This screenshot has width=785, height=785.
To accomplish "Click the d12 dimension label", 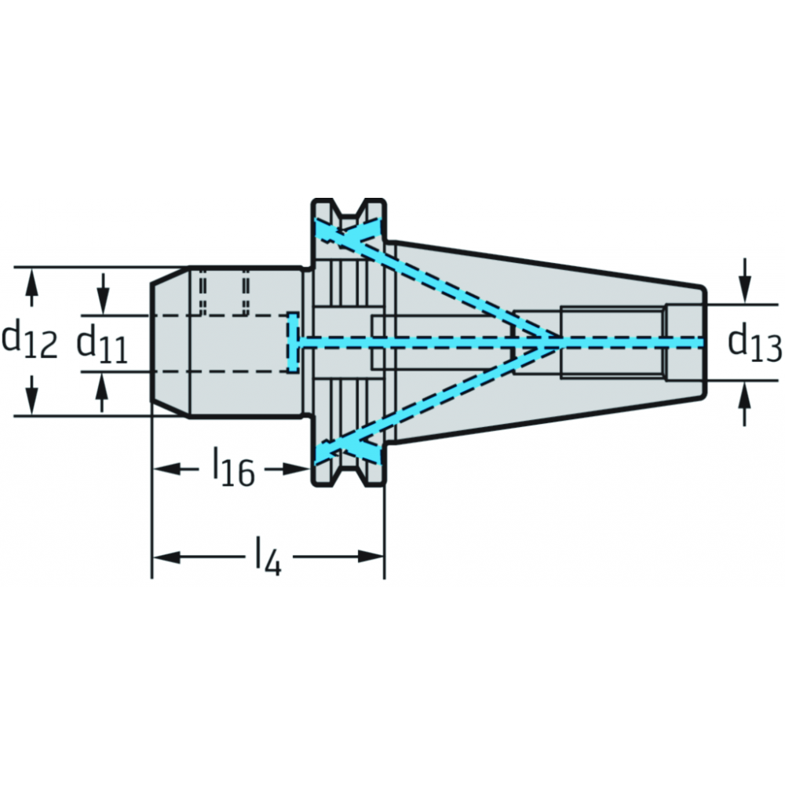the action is (29, 341).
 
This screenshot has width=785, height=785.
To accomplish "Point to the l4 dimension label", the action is (268, 557).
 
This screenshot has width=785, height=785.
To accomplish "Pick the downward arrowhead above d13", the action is (746, 290).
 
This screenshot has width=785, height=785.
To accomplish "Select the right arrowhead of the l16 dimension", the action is (296, 469).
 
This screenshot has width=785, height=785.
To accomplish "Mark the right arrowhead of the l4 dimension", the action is (371, 557).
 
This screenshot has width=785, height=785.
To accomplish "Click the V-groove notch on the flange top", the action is (349, 210).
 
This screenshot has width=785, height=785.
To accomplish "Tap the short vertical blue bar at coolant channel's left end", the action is (294, 342).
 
